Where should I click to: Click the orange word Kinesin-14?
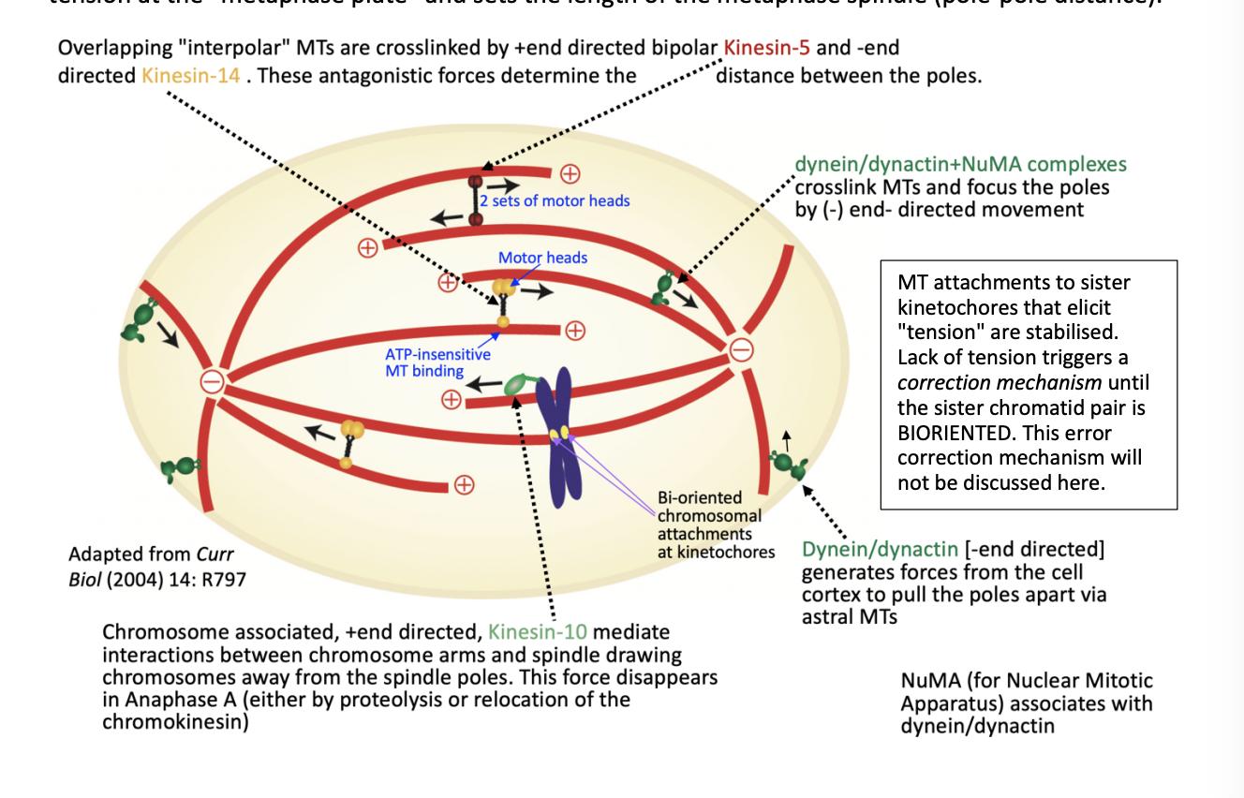[191, 75]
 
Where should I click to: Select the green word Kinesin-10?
[538, 632]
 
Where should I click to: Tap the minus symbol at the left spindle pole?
[213, 381]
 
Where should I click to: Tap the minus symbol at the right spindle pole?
[741, 350]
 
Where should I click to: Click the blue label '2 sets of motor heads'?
[555, 200]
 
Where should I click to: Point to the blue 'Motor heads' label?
[542, 258]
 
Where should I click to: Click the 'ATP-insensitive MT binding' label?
[437, 362]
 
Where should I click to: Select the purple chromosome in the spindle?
[560, 436]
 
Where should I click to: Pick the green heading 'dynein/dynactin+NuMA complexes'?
[960, 165]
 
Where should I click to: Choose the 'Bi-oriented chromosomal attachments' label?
[709, 525]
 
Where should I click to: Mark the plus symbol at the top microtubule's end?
[570, 173]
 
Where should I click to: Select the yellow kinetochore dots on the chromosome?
[559, 433]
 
